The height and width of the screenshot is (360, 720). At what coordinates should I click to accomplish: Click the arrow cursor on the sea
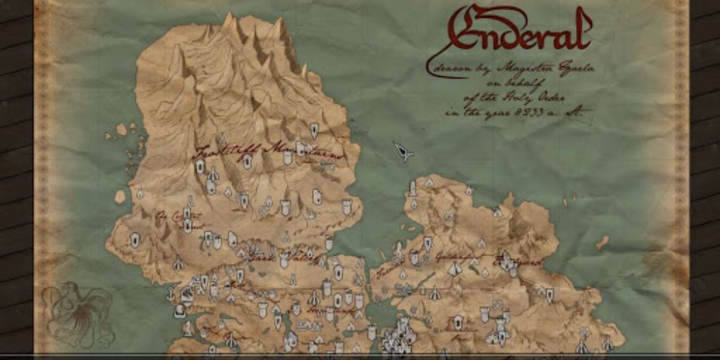(x=402, y=151)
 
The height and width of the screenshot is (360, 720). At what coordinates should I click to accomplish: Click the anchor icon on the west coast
(x=171, y=294)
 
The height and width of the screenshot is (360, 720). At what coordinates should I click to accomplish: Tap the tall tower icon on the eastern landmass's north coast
(x=413, y=189)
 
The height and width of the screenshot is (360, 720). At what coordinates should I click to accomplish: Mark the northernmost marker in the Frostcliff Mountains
(x=314, y=130)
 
